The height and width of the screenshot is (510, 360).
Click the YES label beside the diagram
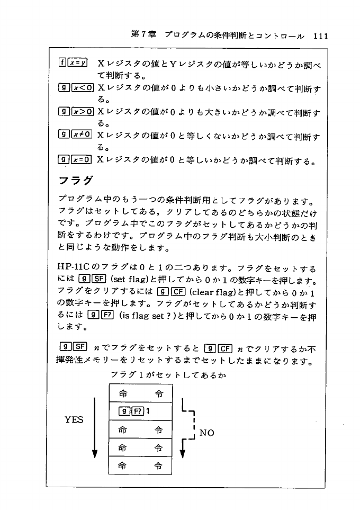point(74,419)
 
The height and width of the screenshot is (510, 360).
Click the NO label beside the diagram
point(207,433)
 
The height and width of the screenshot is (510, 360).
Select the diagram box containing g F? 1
point(140,410)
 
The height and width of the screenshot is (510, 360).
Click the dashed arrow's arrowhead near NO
point(183,453)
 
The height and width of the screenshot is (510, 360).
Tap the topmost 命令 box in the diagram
point(140,393)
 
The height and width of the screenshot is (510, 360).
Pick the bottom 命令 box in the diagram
point(140,465)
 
